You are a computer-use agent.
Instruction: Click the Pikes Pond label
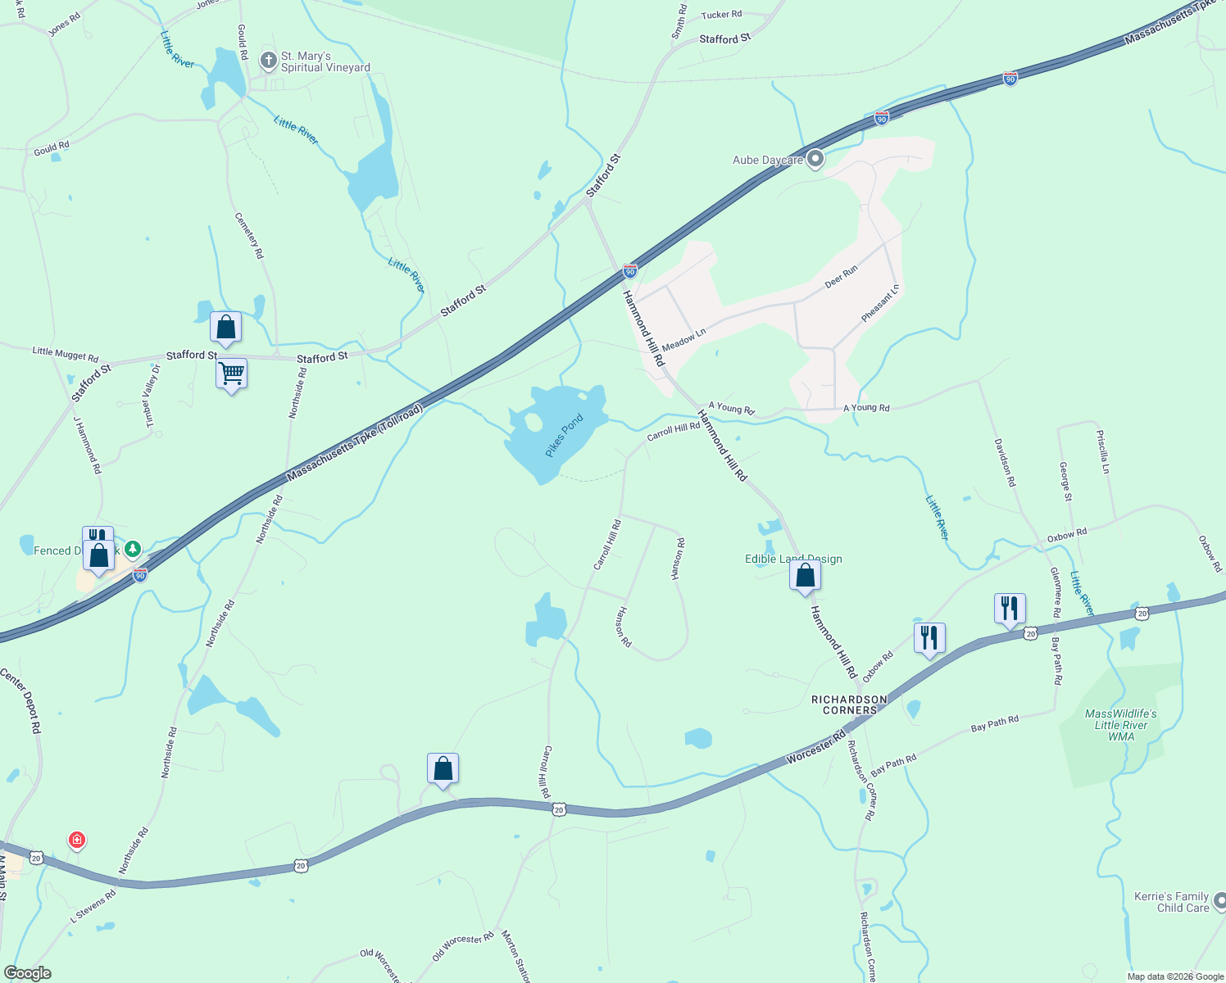(x=564, y=436)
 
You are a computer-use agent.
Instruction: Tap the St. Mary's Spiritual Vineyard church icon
(x=268, y=61)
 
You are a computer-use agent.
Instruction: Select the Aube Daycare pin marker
(x=815, y=159)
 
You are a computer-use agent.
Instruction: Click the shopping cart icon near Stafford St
(x=232, y=374)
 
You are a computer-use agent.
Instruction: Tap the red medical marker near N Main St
(x=77, y=840)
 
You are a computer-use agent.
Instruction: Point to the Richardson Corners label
(x=849, y=705)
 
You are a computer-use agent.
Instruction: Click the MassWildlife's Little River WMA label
(x=1120, y=725)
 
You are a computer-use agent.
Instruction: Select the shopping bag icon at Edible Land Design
(x=805, y=575)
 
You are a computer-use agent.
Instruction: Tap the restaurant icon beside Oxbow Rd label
(x=929, y=637)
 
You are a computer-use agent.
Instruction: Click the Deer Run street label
(x=841, y=276)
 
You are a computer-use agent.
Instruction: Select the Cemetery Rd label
(x=249, y=236)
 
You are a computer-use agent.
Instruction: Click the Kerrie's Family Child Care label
(x=1171, y=902)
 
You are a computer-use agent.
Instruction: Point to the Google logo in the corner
(x=28, y=973)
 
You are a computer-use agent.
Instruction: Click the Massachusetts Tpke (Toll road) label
(x=355, y=442)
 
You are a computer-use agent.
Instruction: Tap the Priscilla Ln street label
(x=1103, y=452)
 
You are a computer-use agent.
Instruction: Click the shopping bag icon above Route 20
(x=443, y=768)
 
